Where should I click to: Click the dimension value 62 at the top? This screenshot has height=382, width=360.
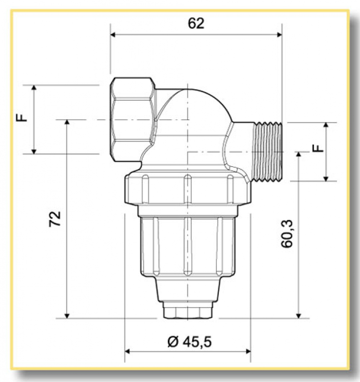(196, 23)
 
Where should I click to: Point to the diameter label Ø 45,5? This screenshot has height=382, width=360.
(189, 342)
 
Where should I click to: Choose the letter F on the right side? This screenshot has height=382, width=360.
(317, 149)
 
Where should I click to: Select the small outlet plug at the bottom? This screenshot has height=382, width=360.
(187, 311)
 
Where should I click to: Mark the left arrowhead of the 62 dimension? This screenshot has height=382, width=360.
(113, 34)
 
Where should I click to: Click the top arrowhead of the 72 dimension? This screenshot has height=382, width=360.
(67, 123)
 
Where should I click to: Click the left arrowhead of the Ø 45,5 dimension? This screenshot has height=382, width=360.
(128, 351)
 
